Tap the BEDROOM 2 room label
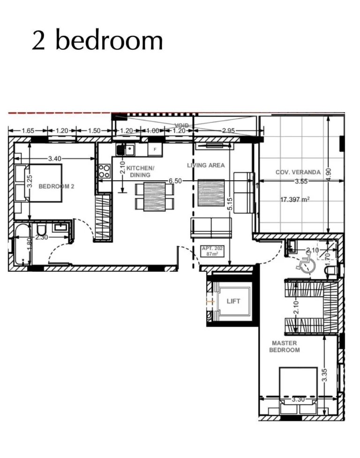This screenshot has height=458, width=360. point(56,186)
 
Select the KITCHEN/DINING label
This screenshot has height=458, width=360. point(140,171)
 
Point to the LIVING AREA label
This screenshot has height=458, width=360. point(206,165)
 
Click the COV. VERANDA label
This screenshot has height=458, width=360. point(298,172)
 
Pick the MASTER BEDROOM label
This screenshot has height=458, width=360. point(285,346)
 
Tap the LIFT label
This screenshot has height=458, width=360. point(233,301)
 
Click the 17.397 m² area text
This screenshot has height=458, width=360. point(295,199)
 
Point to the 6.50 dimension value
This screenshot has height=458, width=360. point(175,181)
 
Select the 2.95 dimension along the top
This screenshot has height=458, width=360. point(228,131)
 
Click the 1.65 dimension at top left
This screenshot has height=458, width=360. point(28,131)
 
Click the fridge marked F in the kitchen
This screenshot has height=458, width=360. point(154,149)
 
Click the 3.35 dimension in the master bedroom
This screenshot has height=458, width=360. point(324,374)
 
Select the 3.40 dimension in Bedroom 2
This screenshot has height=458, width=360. point(55,159)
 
